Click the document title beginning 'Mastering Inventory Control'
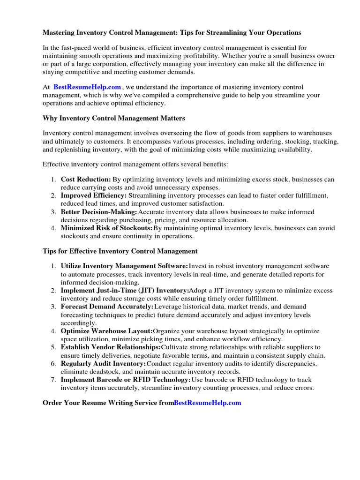point(172,33)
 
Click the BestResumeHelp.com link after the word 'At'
point(87,87)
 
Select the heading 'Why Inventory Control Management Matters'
point(114,118)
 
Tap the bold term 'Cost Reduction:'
point(86,180)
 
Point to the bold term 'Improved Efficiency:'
point(93,195)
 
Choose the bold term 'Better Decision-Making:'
point(99,212)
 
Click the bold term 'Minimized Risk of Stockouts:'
point(106,228)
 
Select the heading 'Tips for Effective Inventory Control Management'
point(120,251)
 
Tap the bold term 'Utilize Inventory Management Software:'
point(124,266)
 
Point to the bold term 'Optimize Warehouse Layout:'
point(106,331)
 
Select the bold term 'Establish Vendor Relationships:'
point(111,347)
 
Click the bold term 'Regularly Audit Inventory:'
point(103,364)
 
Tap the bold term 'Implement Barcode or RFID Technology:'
point(126,380)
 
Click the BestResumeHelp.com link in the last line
point(207,403)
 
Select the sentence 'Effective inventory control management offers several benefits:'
point(135,165)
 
